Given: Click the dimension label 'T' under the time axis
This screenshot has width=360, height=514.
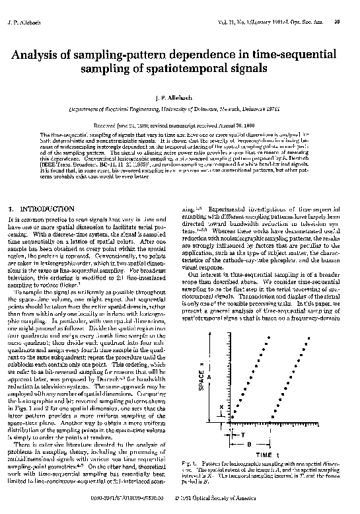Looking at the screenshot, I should pos(242,436).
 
